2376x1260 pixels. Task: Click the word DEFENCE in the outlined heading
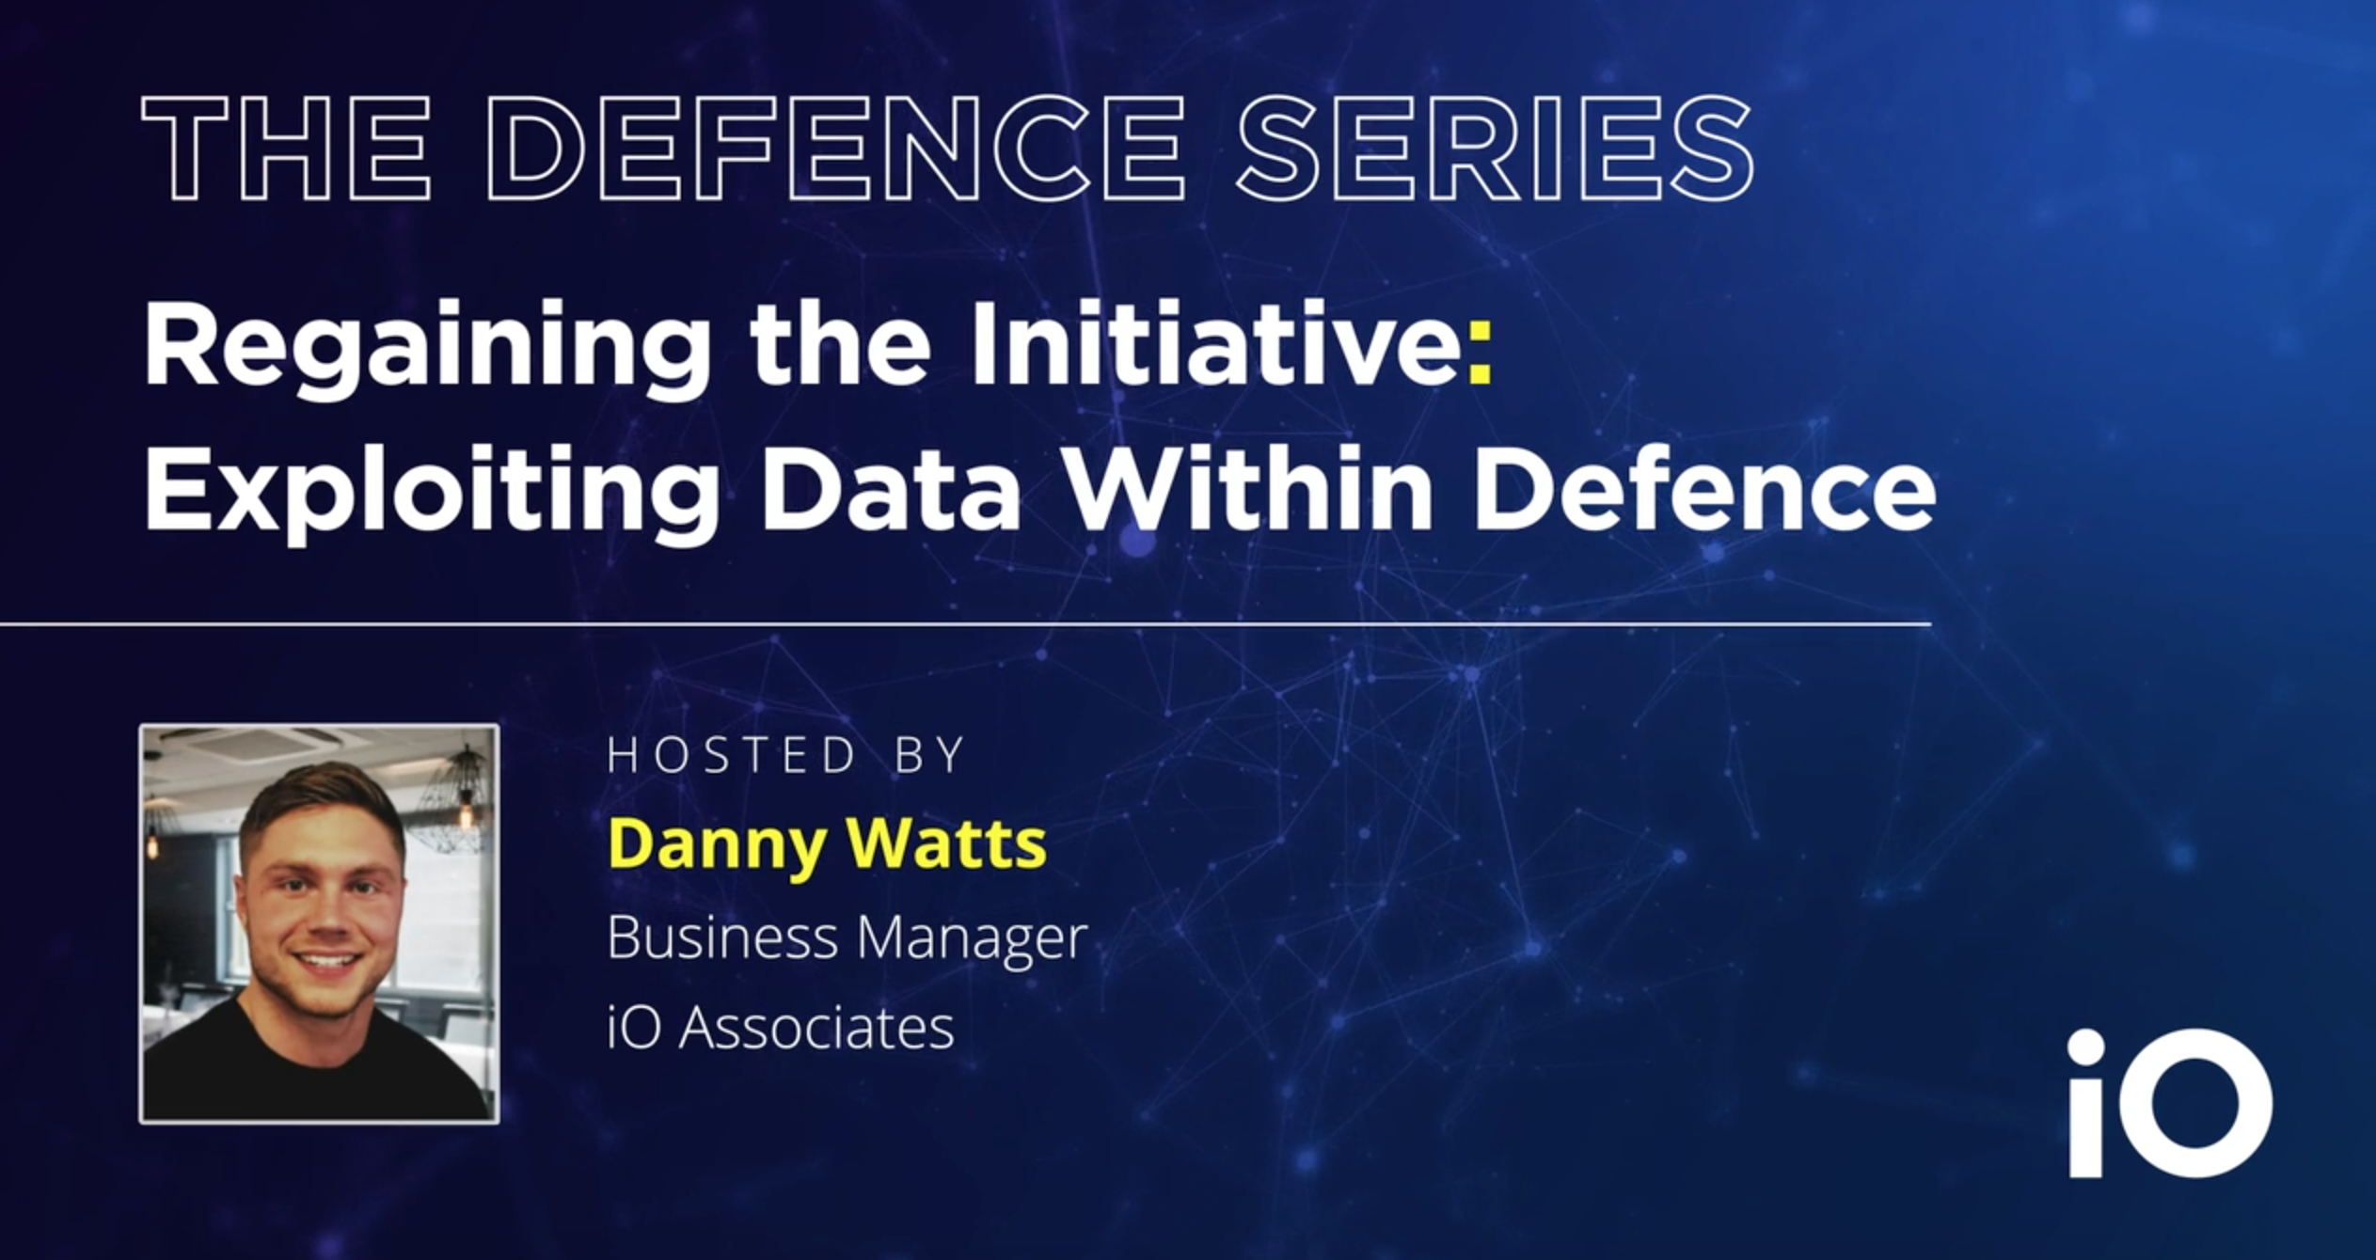click(835, 148)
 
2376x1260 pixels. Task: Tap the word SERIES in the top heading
click(1496, 148)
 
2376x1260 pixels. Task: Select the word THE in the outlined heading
click(287, 148)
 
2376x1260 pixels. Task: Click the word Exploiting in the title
click(432, 493)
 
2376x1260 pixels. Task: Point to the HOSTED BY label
click(786, 755)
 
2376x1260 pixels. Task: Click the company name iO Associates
click(781, 1027)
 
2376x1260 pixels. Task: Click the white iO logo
click(2170, 1102)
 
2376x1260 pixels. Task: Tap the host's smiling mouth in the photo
click(326, 963)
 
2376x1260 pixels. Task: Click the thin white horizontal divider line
click(966, 623)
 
